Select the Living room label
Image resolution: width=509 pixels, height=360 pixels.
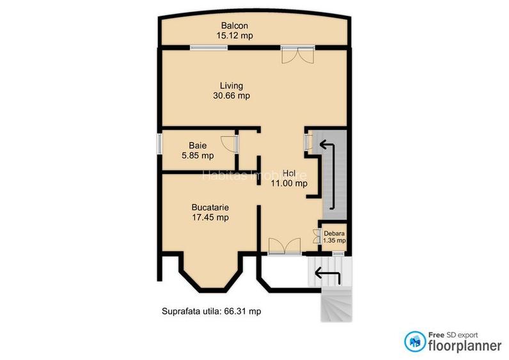click(231, 86)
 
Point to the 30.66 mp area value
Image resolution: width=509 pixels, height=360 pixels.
click(231, 96)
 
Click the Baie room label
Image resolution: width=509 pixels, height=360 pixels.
click(197, 145)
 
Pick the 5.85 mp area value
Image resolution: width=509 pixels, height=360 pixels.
click(197, 155)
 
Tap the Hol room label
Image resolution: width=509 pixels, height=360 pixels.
click(290, 173)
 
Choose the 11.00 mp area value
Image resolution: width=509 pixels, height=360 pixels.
click(290, 184)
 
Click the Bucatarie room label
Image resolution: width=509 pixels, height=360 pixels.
click(210, 207)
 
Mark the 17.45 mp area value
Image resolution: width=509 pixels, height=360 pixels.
click(210, 217)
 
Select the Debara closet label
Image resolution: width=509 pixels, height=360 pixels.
click(334, 233)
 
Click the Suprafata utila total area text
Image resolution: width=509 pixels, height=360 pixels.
click(212, 311)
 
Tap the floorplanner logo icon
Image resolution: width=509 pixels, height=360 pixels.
click(414, 341)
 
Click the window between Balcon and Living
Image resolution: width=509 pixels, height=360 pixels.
click(207, 47)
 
